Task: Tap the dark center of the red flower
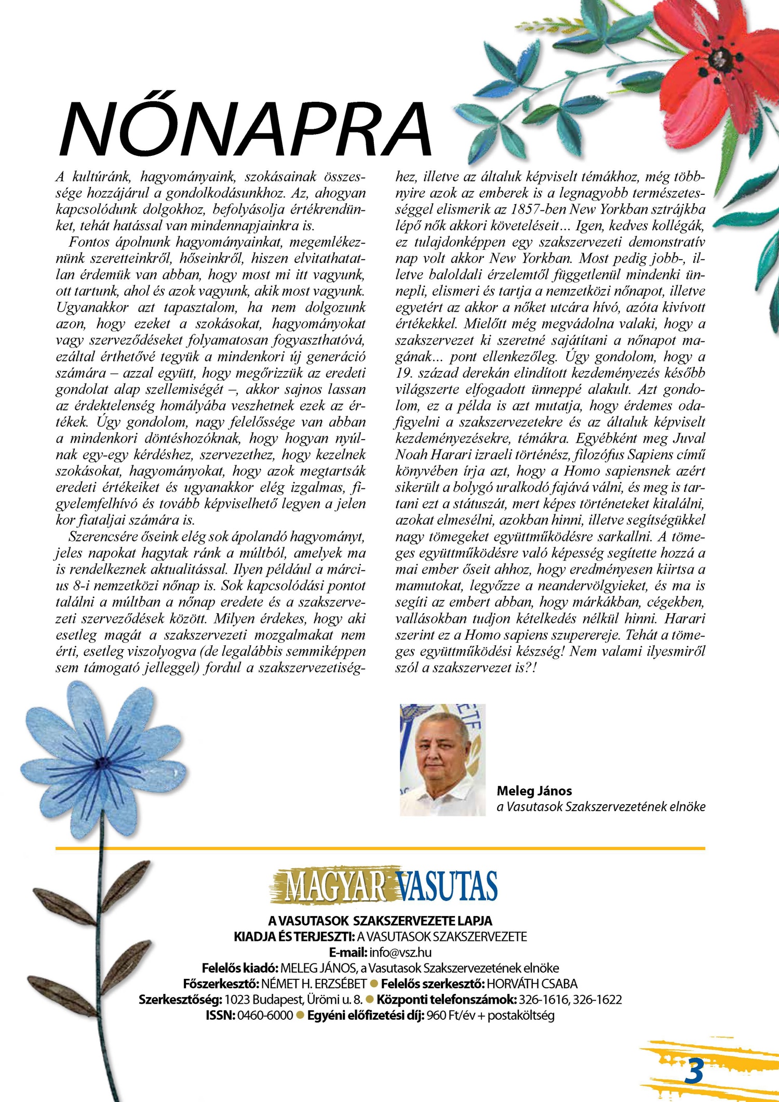(721, 58)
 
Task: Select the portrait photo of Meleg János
(442, 760)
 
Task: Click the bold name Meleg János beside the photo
(534, 791)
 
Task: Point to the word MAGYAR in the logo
(335, 886)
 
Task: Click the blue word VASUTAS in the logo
(446, 886)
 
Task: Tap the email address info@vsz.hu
(400, 952)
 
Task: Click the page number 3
(694, 1071)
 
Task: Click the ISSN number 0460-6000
(265, 1015)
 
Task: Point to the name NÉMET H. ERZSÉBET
(314, 984)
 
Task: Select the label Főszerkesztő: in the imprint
(221, 984)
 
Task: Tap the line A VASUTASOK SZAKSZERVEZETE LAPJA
(380, 921)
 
